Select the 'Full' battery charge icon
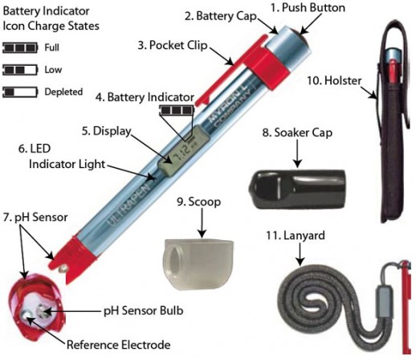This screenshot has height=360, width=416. [x=18, y=49]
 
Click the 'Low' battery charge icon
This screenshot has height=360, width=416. [x=18, y=71]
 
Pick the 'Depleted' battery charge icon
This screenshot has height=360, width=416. [x=18, y=92]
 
